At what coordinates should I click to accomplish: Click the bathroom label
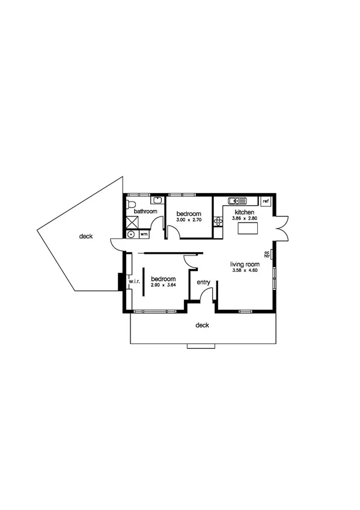tap(145, 212)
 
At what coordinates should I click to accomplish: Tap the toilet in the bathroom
tap(130, 204)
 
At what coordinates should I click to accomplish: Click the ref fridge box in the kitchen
tap(265, 201)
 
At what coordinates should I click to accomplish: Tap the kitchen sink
tap(234, 201)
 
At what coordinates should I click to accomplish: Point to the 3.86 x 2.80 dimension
tap(245, 220)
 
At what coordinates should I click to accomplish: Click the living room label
tap(245, 264)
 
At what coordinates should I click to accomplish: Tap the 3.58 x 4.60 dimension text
tap(245, 271)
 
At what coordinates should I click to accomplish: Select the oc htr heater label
tap(267, 255)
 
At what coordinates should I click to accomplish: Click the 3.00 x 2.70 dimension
tap(188, 220)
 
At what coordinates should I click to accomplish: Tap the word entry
tap(203, 281)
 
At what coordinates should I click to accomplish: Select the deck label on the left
tap(86, 237)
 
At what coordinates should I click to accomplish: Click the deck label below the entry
tap(202, 325)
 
